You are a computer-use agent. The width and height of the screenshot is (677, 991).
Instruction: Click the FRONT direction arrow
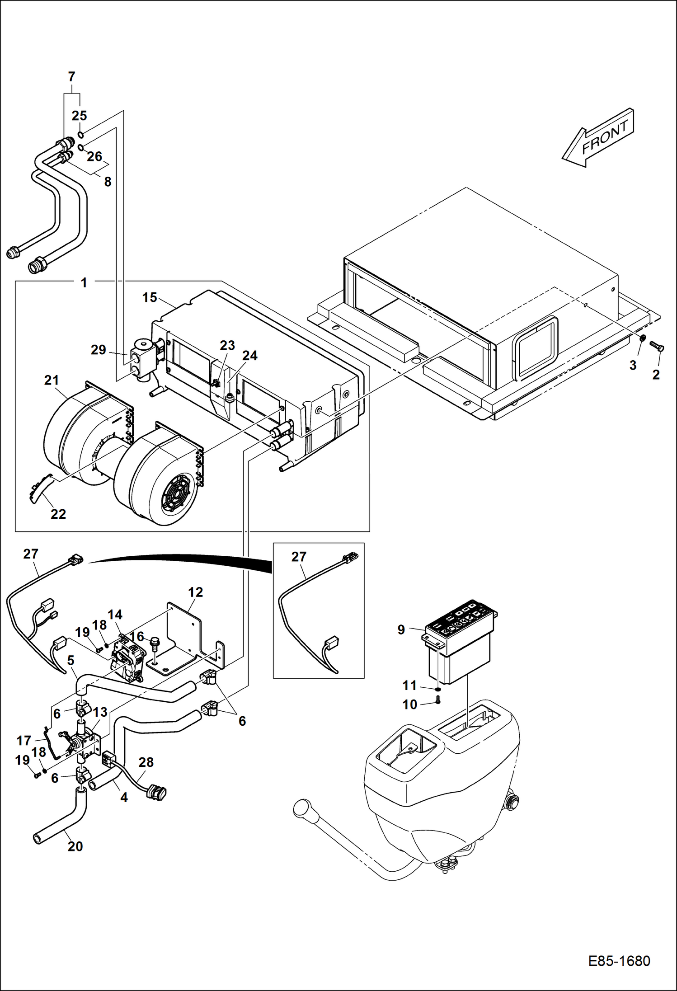coord(599,137)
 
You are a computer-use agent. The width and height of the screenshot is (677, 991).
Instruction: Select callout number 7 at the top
coord(71,77)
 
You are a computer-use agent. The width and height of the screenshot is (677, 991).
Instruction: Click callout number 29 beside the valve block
coord(98,350)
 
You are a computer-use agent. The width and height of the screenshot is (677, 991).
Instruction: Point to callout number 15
coord(150,297)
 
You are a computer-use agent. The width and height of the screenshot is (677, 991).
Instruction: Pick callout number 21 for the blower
coord(52,380)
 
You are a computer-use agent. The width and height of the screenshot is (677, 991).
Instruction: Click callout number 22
coord(58,514)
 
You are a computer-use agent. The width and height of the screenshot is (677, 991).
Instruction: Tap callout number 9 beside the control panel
coord(401,629)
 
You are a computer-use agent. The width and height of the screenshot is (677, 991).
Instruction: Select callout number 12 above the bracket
coord(195,592)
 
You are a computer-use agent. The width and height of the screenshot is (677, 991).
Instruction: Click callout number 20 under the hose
coord(75,846)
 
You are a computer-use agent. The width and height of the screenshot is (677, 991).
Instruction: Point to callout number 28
coord(146,762)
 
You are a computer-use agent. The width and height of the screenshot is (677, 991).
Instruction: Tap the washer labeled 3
coord(642,338)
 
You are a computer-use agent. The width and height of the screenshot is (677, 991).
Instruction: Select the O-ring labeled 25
coord(80,135)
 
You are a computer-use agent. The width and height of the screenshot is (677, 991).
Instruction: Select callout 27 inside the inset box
coord(299,557)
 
